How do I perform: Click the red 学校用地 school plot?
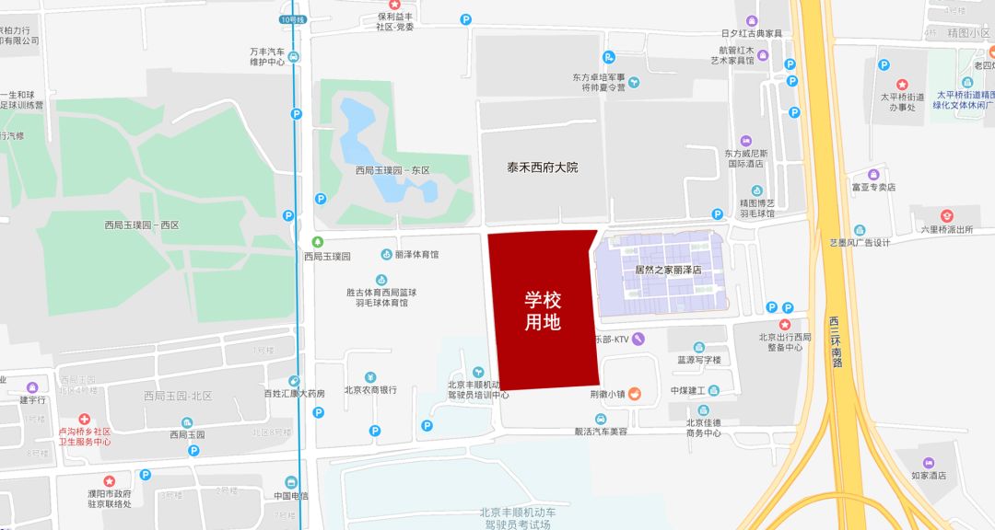[x=543, y=309]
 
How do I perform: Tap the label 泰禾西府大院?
[x=542, y=167]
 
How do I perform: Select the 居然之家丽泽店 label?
[x=668, y=270]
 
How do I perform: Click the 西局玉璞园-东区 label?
[x=392, y=170]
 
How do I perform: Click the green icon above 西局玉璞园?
[x=317, y=241]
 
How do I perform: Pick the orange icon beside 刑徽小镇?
[x=634, y=394]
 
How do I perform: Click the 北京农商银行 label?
[x=370, y=390]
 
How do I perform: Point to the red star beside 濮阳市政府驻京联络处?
[x=108, y=481]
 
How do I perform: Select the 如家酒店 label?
[x=928, y=476]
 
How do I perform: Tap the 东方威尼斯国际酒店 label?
[x=744, y=158]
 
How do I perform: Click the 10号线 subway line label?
[x=292, y=18]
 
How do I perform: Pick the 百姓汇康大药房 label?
[x=294, y=394]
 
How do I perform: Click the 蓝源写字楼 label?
[x=699, y=360]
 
